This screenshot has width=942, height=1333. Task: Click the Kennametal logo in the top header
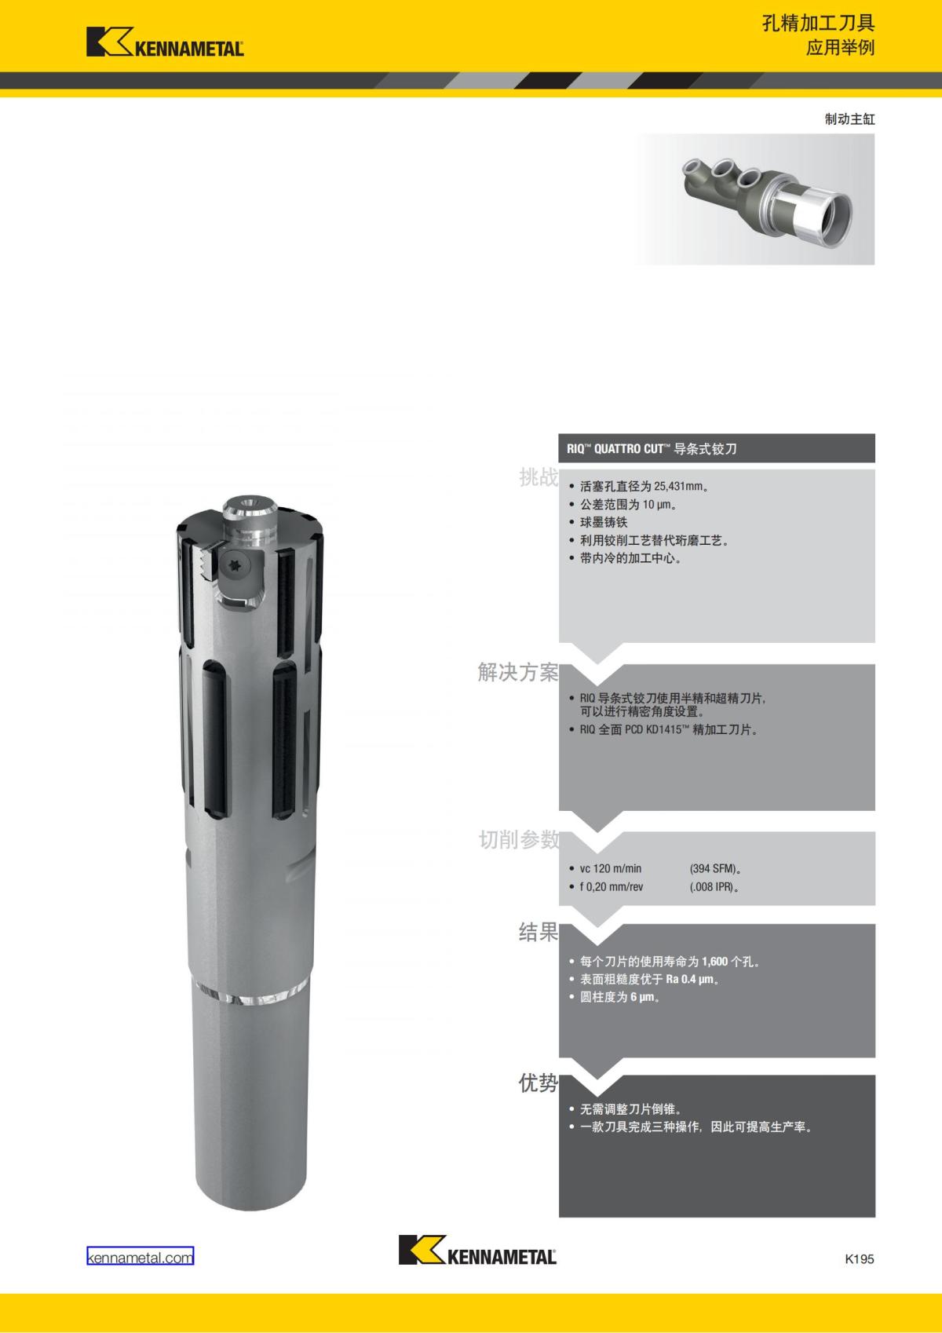165,42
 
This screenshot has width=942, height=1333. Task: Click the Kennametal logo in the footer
477,1250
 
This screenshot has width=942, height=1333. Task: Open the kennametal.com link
141,1258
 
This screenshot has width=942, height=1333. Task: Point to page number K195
860,1258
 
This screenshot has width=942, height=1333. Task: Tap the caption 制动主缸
850,119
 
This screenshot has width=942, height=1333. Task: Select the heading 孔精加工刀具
818,24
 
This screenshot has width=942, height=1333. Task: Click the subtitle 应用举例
840,48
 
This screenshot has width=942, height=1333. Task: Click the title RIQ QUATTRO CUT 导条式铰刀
652,449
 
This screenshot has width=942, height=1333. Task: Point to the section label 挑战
539,477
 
